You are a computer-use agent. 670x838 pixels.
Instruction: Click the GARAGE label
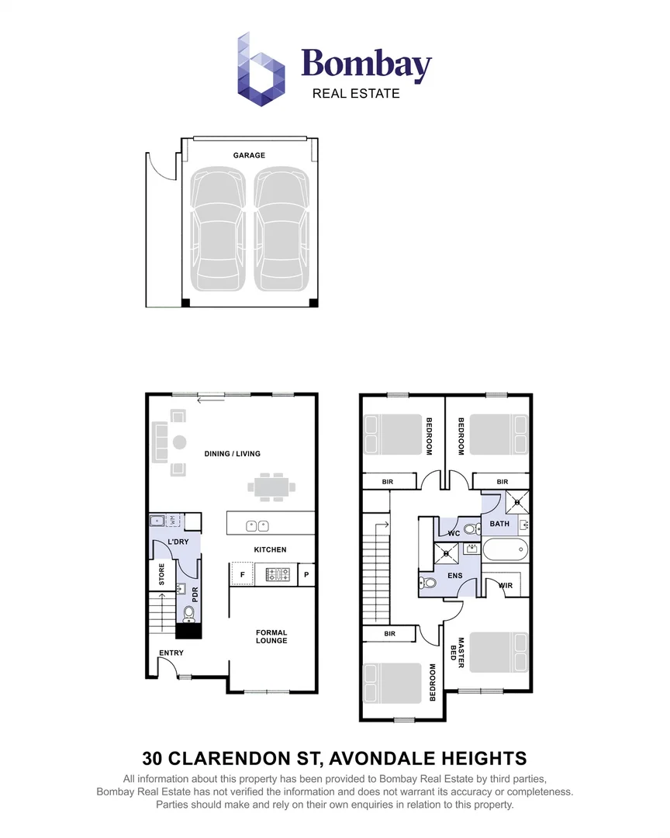point(249,155)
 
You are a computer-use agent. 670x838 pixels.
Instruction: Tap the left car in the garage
point(218,230)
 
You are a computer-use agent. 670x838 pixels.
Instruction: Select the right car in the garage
point(281,230)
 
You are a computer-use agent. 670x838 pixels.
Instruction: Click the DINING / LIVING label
point(233,454)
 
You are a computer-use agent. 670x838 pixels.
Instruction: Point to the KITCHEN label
point(271,549)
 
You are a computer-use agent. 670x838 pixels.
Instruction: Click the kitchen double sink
point(257,526)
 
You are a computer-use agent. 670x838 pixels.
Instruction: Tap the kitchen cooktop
point(278,575)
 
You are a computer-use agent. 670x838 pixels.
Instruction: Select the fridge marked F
point(242,574)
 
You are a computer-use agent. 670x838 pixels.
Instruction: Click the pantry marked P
point(306,575)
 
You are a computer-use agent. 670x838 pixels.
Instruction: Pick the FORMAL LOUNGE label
point(271,636)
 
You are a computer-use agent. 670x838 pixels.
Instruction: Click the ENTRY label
point(171,653)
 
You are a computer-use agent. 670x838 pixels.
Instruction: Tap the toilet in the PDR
point(189,615)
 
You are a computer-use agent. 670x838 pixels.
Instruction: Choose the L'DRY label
point(178,542)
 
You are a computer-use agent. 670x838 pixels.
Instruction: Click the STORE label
point(162,574)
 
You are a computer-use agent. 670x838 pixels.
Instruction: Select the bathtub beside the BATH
point(506,550)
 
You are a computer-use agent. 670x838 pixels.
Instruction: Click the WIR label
point(506,586)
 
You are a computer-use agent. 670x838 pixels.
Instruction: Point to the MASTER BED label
point(458,649)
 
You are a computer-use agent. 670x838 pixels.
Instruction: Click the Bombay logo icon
point(261,69)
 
